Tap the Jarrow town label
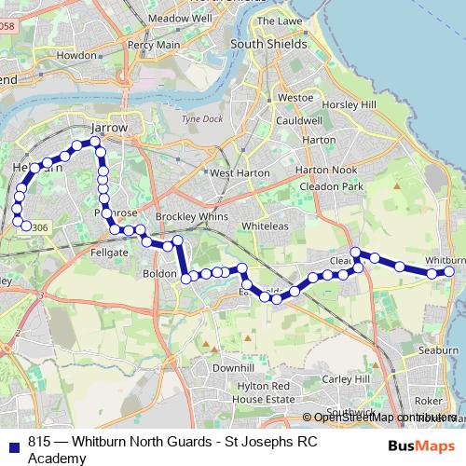(110, 129)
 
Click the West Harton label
(240, 173)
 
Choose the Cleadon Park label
(331, 186)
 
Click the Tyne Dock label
(197, 119)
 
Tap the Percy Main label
(154, 44)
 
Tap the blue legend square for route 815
(14, 445)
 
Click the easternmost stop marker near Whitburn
(448, 272)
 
